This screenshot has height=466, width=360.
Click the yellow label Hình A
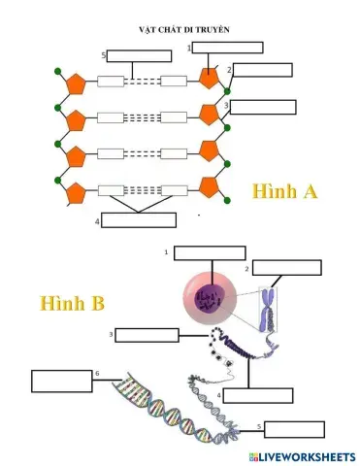pos(284,191)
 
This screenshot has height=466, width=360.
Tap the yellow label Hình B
pos(72,303)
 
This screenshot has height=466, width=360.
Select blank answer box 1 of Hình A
pos(227,47)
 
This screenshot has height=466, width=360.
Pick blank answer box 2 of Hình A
pos(262,69)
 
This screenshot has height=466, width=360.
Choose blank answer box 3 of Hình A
pos(262,107)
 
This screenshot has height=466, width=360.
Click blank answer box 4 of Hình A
pos(139,220)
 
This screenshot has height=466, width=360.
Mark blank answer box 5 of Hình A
pos(138,55)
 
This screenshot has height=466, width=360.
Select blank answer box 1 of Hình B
pos(210,253)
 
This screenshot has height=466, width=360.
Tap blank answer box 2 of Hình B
pos(286,267)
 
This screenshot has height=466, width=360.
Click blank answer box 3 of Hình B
pos(147,336)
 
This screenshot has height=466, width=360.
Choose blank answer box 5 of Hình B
pos(294,429)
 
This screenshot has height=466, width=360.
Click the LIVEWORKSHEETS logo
pos(302,456)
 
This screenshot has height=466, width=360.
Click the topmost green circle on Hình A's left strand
pos(58,72)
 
